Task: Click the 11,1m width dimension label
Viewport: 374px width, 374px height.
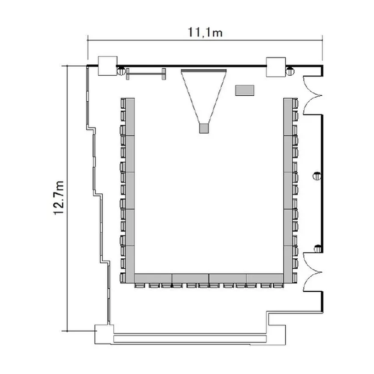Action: pos(205,32)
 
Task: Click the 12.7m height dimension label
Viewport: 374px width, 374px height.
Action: pos(59,198)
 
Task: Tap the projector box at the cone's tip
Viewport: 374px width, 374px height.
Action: pos(204,128)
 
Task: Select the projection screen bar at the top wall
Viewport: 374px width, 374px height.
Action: pos(203,70)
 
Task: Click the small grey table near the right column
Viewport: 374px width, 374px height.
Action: pos(245,90)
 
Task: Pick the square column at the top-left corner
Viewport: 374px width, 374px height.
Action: pos(108,66)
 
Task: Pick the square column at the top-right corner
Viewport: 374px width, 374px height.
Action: pos(276,67)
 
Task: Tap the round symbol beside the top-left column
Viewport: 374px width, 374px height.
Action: pos(121,71)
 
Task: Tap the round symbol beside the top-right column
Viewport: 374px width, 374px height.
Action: pos(290,71)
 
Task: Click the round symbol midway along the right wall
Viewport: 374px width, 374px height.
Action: pos(317,176)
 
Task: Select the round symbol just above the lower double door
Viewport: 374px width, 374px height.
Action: pos(318,249)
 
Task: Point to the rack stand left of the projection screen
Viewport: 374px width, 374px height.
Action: pos(146,74)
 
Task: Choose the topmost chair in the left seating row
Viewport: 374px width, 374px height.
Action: pos(123,104)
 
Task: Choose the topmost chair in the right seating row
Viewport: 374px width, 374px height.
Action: pos(295,104)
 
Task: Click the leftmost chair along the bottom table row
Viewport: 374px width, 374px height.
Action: pos(140,286)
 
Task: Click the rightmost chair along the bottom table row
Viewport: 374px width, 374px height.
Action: pos(278,286)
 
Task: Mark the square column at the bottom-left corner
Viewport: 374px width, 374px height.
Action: pos(104,334)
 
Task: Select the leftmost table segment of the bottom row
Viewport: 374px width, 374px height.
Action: pos(153,278)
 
